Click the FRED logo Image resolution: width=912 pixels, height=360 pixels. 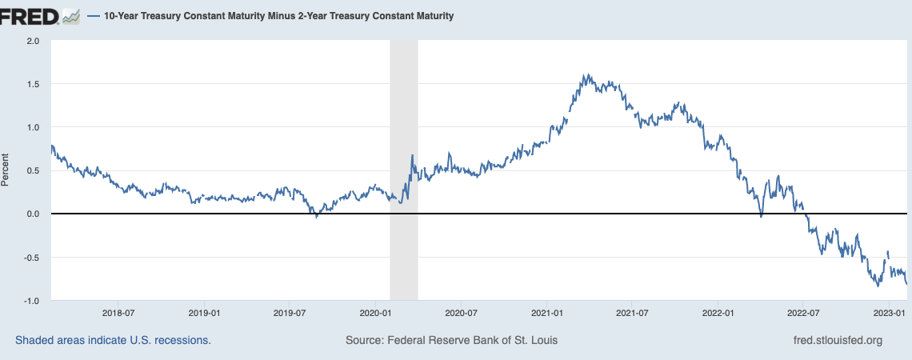(x=40, y=15)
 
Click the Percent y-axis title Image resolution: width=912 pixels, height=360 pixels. (x=6, y=170)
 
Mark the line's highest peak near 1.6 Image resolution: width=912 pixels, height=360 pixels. (x=586, y=75)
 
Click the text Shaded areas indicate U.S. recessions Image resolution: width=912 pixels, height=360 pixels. (x=113, y=340)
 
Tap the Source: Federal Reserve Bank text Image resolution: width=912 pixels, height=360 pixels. (x=451, y=340)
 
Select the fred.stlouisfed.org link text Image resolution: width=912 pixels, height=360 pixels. (x=836, y=340)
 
